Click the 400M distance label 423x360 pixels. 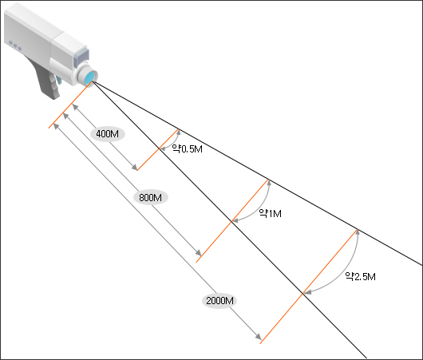click(108, 133)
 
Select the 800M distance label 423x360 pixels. click(151, 197)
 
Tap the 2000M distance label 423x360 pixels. click(219, 301)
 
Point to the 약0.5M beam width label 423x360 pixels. click(188, 148)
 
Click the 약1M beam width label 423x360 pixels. click(270, 213)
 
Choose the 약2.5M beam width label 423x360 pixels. click(361, 276)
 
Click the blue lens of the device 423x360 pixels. click(90, 77)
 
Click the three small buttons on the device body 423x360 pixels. click(15, 45)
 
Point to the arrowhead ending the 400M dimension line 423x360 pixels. click(135, 168)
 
